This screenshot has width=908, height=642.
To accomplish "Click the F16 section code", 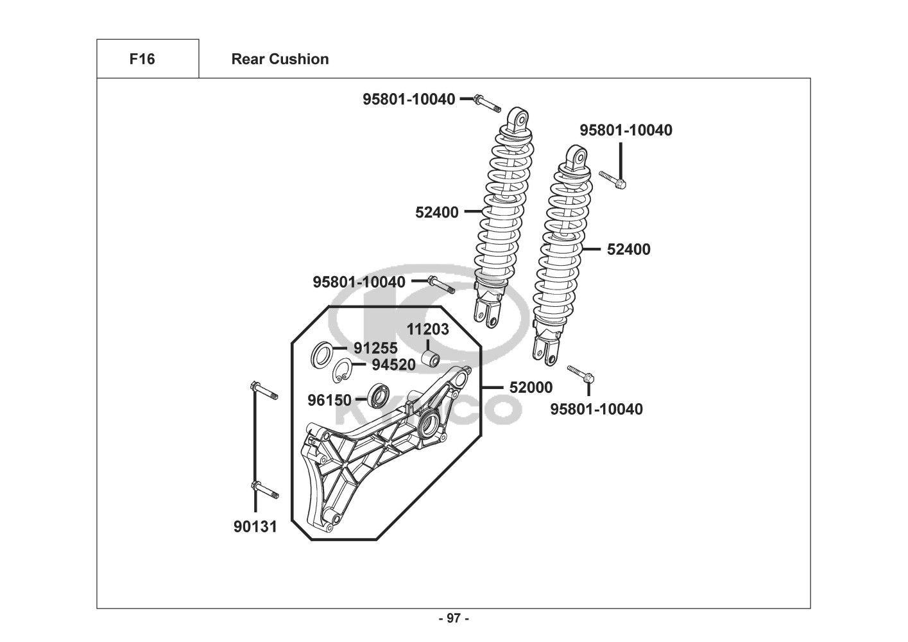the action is pos(142,59).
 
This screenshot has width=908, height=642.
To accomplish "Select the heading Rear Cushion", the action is pos(280,59).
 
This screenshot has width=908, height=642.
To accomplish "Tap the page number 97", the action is pos(454,618).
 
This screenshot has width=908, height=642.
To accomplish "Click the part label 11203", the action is pos(427,329).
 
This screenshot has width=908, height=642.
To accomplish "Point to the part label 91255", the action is pos(376,348).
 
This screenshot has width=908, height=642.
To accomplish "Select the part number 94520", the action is pos(394,365).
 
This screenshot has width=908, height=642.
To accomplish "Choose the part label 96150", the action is pos(330,400).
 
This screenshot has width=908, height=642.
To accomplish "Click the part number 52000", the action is pos(531,388).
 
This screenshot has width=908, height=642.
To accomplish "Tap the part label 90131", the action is pos(255,527).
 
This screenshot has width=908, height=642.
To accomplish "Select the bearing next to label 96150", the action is pos(379,395).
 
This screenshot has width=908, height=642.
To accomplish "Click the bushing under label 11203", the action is pos(430,359).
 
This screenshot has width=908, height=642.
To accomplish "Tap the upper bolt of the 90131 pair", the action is pos(264,390).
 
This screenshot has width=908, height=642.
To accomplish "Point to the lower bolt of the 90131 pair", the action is pos(265,490).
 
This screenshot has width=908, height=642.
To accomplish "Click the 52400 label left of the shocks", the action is pos(437,213).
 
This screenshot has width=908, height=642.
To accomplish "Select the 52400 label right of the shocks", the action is pos(629,250).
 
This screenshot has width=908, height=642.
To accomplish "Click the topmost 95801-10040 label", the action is pos(409,100).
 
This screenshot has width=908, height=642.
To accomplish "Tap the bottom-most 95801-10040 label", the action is pos(597,409).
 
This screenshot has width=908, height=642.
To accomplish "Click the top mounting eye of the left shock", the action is pos(518,119).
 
